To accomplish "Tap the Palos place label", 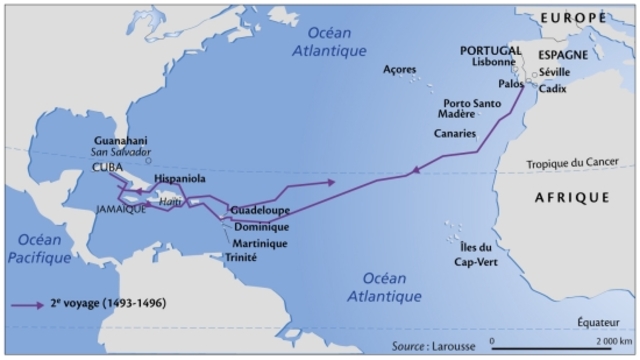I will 511,84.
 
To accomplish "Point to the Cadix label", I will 552,88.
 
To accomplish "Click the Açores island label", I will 402,69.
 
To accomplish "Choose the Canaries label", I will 454,132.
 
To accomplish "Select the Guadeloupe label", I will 259,212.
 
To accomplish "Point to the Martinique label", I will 259,243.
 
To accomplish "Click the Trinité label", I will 242,257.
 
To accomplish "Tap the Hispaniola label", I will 180,178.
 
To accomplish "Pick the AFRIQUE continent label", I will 571,198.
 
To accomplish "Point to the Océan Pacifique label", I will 37,249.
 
